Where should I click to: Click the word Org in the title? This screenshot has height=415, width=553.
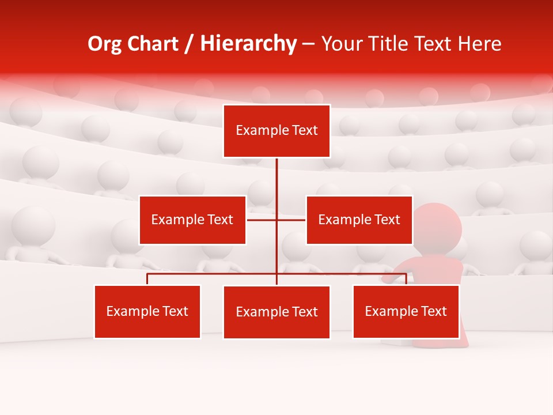point(105,44)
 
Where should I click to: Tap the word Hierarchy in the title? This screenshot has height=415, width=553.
point(248,44)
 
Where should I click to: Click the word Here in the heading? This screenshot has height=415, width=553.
point(480,44)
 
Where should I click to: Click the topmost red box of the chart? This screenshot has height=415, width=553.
point(276,131)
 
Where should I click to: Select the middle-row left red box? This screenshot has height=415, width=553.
point(192,220)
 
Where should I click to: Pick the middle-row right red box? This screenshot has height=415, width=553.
point(359,220)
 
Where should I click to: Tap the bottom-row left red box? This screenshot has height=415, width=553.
point(147,311)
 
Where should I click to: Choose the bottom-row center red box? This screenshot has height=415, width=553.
point(276,312)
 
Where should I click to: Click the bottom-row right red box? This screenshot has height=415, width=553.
point(406,311)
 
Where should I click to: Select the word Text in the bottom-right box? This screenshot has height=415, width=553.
point(434,311)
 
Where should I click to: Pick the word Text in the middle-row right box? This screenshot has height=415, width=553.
point(387,220)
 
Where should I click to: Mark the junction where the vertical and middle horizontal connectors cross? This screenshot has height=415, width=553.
point(276,220)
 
